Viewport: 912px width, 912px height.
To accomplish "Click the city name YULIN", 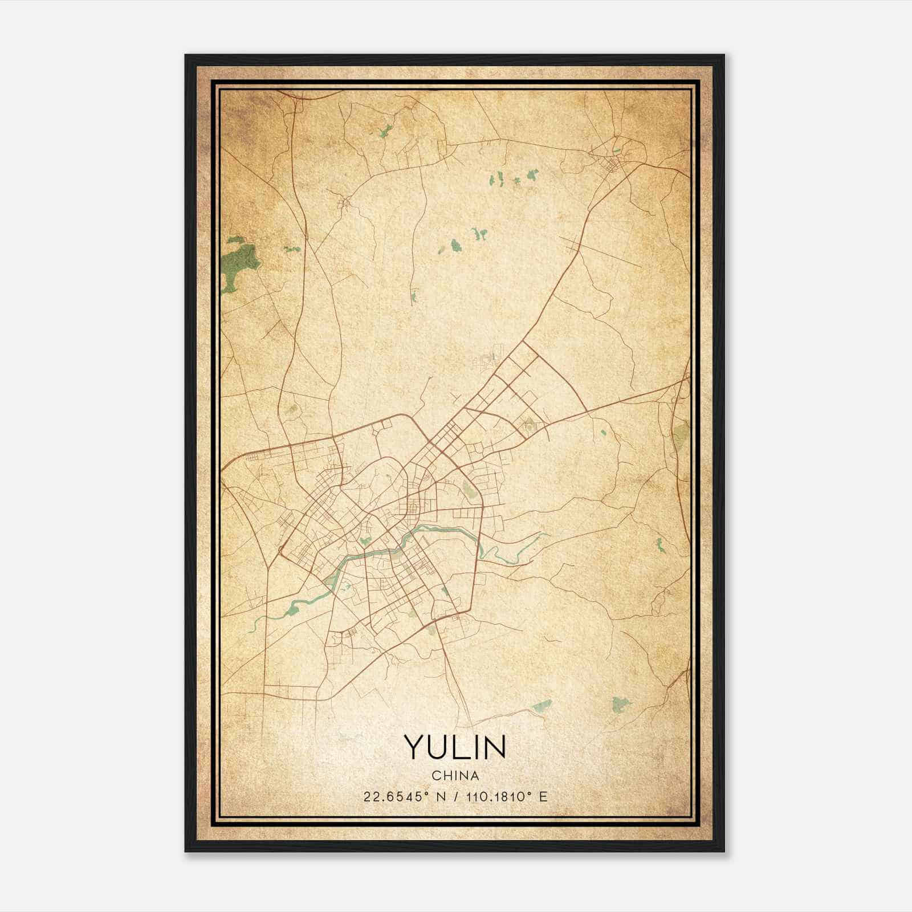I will pos(455,747).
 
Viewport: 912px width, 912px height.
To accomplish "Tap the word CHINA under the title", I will pos(455,776).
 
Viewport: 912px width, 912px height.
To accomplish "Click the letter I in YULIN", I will pos(474,747).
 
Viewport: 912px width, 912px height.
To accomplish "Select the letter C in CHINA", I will pos(435,776).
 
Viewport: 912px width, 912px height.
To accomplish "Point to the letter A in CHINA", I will pos(475,776).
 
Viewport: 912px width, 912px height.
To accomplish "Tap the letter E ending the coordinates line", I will pos(544,797).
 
